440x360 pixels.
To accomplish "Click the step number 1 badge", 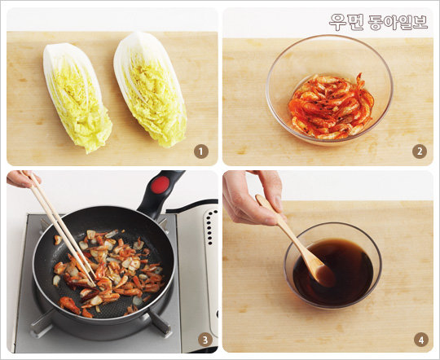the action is point(201,151).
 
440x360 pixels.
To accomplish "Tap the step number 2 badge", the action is point(420,151).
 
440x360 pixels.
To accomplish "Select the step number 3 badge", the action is point(205,340).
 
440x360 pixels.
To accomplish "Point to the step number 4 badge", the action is point(421,340).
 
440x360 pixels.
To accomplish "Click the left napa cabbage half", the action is point(77,97).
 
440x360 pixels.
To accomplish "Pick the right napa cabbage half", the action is point(150,89).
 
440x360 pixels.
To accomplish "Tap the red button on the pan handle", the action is point(160,185).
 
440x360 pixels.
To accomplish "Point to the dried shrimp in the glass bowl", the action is point(332,107).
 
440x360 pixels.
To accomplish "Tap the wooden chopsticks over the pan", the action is point(62,227).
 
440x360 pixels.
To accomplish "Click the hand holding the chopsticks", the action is point(23,178).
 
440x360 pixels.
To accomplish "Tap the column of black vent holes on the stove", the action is point(209,227).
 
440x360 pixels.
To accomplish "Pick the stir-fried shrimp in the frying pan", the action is point(109,272).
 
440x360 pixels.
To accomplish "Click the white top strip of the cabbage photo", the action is point(112,20).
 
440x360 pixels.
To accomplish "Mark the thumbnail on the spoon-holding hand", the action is point(278,203).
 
